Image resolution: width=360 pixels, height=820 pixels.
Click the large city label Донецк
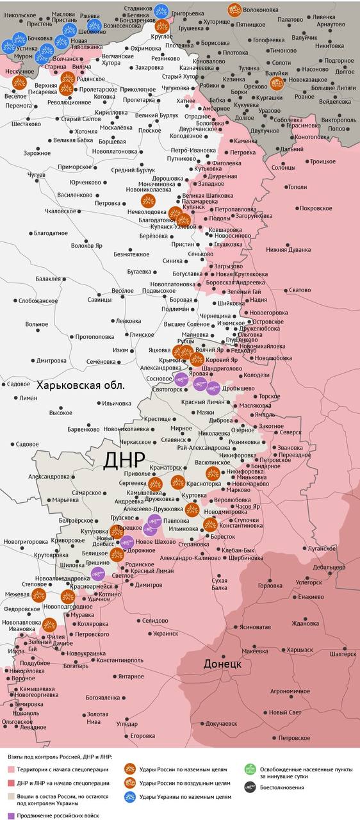tap(222, 664)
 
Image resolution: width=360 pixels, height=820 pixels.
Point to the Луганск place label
tap(322, 548)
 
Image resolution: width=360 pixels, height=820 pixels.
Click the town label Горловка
tap(269, 586)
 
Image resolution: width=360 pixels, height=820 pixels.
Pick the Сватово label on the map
tap(300, 290)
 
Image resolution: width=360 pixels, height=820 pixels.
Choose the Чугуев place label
tap(37, 174)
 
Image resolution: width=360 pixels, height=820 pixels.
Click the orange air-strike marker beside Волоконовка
tap(235, 10)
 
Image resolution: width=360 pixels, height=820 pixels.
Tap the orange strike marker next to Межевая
tap(38, 595)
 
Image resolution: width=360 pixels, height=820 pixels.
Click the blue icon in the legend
tap(130, 796)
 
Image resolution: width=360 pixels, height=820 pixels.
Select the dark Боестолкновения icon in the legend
tap(250, 787)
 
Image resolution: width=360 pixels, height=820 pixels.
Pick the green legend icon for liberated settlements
tap(250, 769)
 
